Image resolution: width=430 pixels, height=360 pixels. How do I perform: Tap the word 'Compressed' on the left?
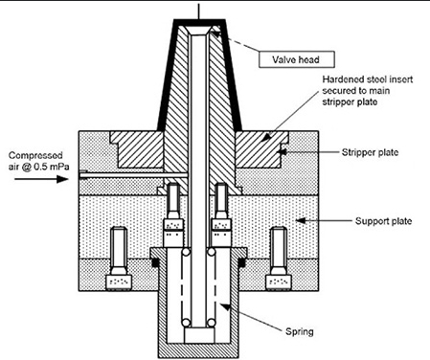(x=34, y=153)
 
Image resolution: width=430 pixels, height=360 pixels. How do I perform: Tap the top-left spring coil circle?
(x=179, y=255)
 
